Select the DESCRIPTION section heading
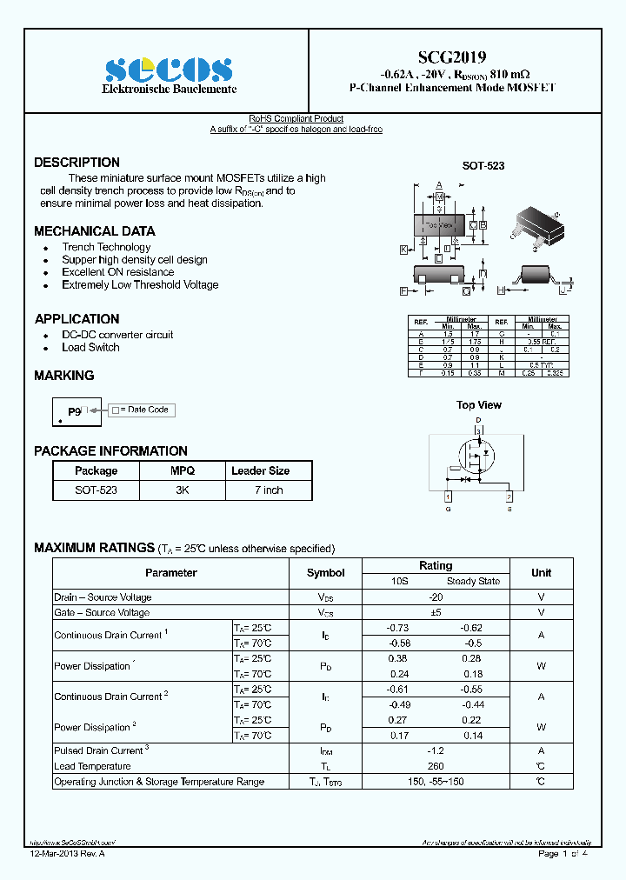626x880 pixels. click(77, 163)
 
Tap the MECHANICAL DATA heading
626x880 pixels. click(95, 231)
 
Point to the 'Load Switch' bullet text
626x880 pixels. click(90, 348)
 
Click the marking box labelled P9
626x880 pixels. click(77, 411)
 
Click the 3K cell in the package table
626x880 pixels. click(183, 490)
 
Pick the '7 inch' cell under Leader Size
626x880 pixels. click(269, 490)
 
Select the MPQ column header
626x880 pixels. click(183, 470)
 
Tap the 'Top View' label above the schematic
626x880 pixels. click(479, 405)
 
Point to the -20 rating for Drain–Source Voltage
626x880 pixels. click(436, 597)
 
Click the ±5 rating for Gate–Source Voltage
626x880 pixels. click(436, 613)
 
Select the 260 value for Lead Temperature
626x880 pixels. click(436, 766)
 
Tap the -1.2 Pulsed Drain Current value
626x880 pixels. click(436, 750)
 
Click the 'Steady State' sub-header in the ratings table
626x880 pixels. click(473, 581)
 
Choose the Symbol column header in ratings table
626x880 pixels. click(326, 573)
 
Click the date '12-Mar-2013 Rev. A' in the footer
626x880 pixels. click(67, 854)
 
